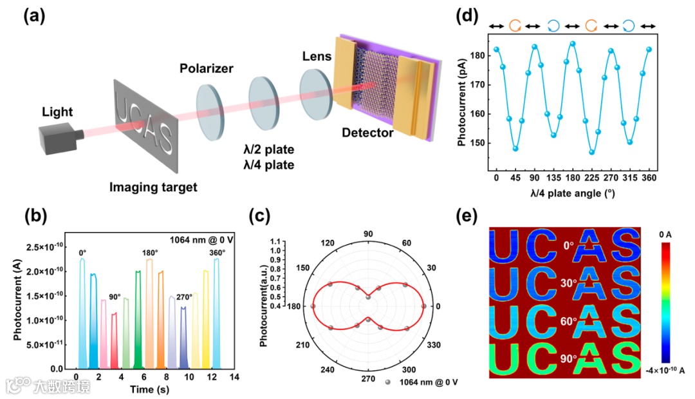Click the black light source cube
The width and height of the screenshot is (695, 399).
click(x=59, y=138)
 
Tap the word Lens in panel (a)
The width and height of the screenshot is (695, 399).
click(x=317, y=57)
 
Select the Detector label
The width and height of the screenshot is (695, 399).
click(x=367, y=133)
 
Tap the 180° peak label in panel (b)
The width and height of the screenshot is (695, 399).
click(x=150, y=252)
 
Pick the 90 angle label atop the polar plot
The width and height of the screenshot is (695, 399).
click(x=369, y=233)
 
